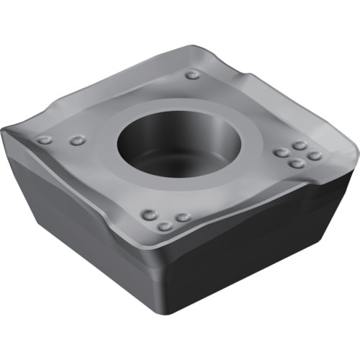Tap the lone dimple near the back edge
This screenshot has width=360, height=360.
(x=192, y=74)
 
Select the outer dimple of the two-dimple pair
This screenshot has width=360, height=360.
(x=45, y=140)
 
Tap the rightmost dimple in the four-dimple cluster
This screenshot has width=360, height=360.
(x=315, y=155)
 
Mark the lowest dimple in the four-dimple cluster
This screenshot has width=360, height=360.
(x=296, y=163)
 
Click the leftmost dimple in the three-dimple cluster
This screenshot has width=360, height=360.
(x=149, y=214)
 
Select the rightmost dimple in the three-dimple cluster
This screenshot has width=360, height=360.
(x=183, y=217)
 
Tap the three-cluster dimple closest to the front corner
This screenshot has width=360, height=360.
(x=165, y=226)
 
